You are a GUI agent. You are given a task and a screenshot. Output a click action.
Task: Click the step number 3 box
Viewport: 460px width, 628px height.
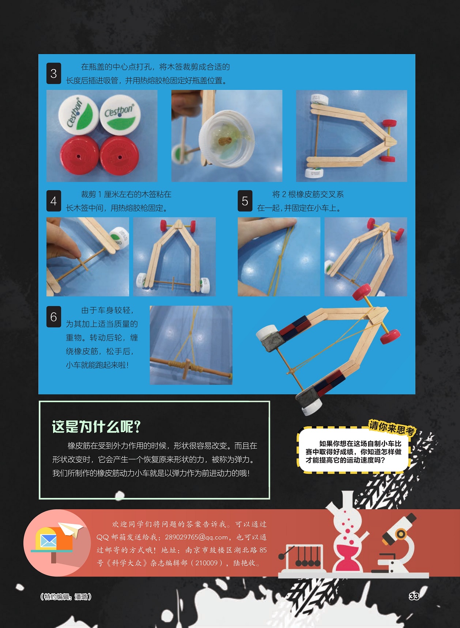point(53,73)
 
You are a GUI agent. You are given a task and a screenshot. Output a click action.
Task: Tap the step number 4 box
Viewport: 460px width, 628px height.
point(53,201)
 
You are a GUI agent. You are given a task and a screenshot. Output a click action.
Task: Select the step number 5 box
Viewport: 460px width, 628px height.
point(245,201)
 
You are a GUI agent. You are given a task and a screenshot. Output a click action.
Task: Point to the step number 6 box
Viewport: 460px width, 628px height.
point(53,317)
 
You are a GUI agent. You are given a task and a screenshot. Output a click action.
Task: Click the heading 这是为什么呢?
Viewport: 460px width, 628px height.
point(96,427)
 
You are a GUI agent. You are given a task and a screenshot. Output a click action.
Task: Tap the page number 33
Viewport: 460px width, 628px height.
point(414,597)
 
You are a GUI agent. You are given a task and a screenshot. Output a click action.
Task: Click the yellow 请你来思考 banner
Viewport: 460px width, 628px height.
point(392,427)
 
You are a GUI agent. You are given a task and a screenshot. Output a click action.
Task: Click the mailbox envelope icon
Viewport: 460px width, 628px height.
point(48,540)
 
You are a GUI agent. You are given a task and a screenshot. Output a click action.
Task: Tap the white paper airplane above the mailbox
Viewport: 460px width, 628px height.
point(71,529)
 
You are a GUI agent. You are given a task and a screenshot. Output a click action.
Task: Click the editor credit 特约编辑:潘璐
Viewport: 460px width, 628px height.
point(66,597)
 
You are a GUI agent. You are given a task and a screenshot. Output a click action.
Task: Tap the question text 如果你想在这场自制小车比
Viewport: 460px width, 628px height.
point(360,444)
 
